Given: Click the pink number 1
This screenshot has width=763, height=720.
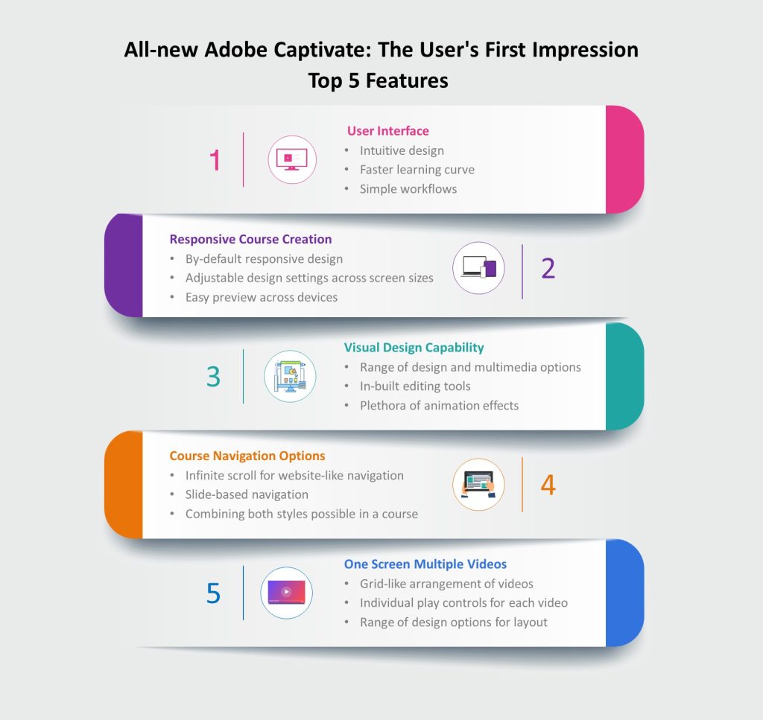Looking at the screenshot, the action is (215, 160).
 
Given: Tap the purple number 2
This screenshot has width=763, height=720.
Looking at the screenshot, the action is (548, 268).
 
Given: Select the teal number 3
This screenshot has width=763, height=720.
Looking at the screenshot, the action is (213, 377).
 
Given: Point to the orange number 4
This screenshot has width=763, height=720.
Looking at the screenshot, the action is (548, 485).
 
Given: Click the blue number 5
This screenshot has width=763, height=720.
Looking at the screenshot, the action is (213, 593).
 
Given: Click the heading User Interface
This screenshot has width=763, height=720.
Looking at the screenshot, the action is (387, 131).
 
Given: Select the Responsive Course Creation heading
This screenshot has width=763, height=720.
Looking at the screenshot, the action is (250, 239).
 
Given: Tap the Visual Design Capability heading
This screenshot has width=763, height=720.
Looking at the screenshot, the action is (414, 348).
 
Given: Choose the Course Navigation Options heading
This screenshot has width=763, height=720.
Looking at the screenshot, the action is (247, 456).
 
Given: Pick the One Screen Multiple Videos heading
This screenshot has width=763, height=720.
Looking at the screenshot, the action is (425, 564).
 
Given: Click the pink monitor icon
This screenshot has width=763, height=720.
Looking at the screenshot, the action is (292, 159).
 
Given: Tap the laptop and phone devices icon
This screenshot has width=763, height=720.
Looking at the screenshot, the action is (479, 268).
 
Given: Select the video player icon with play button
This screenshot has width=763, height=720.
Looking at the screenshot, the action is (287, 592).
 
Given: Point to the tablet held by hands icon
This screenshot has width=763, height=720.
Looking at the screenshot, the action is (479, 484).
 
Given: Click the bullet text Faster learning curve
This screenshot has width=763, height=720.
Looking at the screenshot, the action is (417, 170).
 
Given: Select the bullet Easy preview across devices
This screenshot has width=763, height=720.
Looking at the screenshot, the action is (262, 297).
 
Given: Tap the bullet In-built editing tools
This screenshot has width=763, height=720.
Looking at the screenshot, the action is (415, 386).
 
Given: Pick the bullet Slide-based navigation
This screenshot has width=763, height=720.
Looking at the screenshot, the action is (247, 494).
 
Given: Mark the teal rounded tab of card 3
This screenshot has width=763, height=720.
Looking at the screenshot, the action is (625, 376).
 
